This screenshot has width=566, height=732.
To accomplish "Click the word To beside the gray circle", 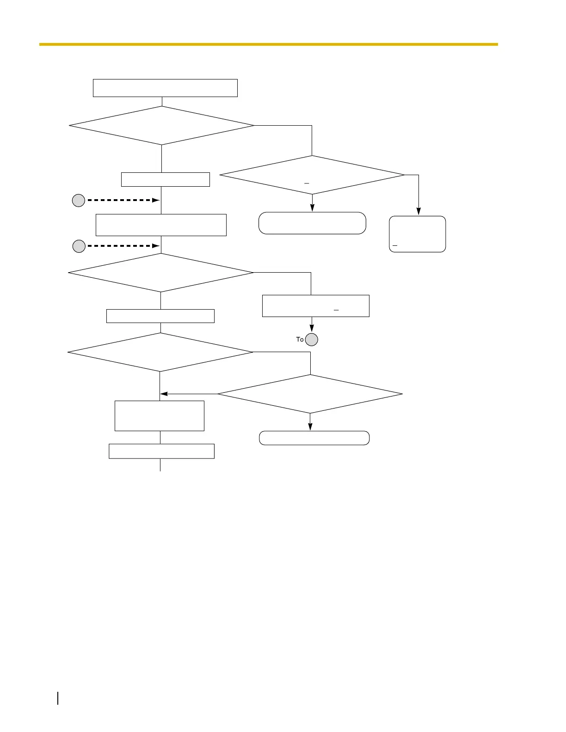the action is pyautogui.click(x=300, y=340).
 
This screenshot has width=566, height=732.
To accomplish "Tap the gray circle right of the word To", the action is pyautogui.click(x=312, y=340).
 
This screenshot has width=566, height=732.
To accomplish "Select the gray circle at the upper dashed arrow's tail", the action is pyautogui.click(x=79, y=201).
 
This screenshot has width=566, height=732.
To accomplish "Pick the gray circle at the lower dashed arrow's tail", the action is pyautogui.click(x=79, y=246).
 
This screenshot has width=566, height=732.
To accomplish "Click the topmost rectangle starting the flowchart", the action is pyautogui.click(x=165, y=88).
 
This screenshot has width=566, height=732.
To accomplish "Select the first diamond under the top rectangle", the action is pyautogui.click(x=161, y=126).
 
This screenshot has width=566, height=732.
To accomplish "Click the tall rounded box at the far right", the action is pyautogui.click(x=417, y=234).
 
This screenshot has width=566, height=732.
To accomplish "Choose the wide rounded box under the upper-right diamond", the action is pyautogui.click(x=312, y=223).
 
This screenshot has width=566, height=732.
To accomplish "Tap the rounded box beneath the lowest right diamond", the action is pyautogui.click(x=314, y=438).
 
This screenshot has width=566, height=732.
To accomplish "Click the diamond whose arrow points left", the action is pyautogui.click(x=310, y=394).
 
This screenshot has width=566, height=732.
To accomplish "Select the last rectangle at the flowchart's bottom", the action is pyautogui.click(x=161, y=451).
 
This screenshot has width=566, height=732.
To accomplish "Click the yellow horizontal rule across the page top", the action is pyautogui.click(x=268, y=44).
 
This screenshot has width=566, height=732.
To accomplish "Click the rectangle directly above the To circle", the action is pyautogui.click(x=315, y=306).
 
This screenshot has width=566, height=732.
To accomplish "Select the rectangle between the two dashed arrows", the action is pyautogui.click(x=161, y=225).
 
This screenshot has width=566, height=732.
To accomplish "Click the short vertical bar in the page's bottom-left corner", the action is pyautogui.click(x=58, y=698).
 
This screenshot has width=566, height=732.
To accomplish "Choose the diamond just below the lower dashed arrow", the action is pyautogui.click(x=161, y=273).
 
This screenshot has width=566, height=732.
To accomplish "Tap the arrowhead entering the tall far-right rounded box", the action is pyautogui.click(x=418, y=212).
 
